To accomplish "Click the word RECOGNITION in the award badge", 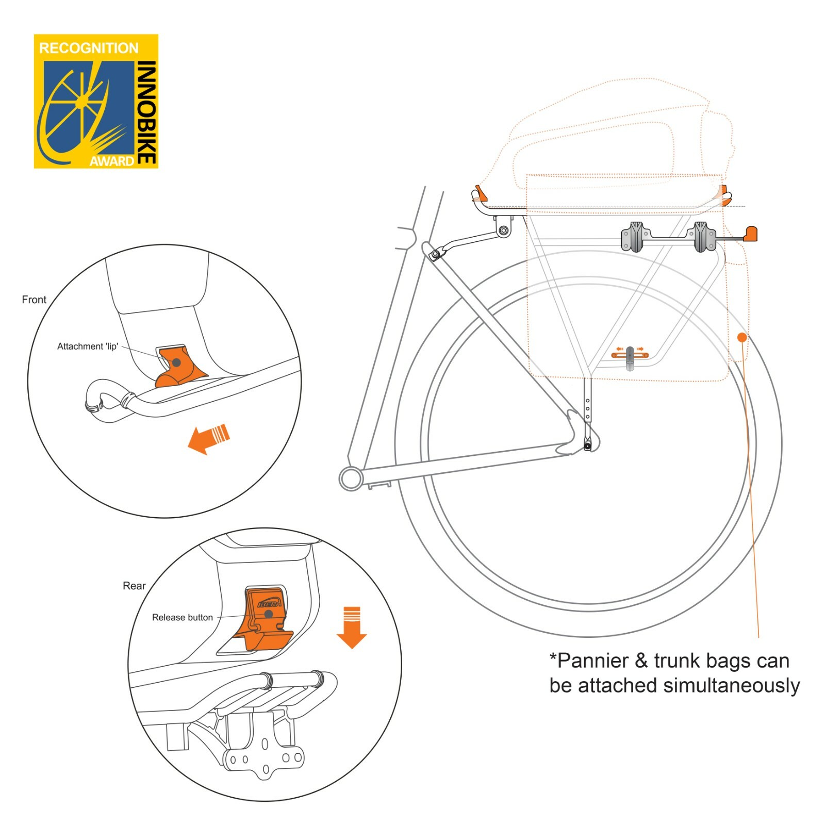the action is point(89,48).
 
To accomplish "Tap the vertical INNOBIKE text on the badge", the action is point(146,112).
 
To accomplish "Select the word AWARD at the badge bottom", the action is point(112,161).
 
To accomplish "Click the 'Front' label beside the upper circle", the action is point(34,300).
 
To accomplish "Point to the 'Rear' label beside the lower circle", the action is point(134,586).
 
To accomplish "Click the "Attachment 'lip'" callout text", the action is point(88,346).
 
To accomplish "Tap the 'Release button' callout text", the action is point(182,617).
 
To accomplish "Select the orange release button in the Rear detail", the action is point(267,616).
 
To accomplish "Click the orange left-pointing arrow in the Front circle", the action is point(208,438).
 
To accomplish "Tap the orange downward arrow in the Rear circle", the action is point(352,626).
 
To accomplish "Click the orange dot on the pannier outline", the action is point(742,337).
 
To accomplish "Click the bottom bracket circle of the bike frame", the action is point(351,478).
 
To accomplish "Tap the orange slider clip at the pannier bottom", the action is point(630,355).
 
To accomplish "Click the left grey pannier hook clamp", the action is point(635,237).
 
